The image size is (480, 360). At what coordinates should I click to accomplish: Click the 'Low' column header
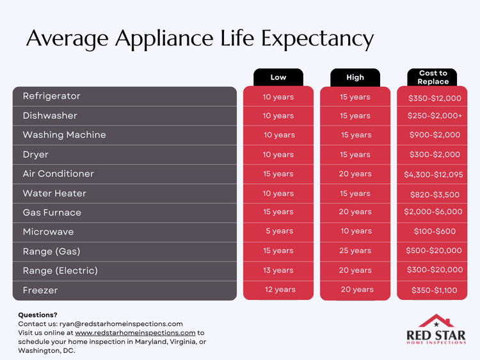pyautogui.click(x=278, y=77)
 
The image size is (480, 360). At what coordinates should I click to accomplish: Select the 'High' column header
pyautogui.click(x=355, y=77)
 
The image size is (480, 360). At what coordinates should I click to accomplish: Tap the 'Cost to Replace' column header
pyautogui.click(x=433, y=77)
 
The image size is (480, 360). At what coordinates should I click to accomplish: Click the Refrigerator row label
pyautogui.click(x=51, y=97)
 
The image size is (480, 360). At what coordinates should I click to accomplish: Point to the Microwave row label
pyautogui.click(x=48, y=231)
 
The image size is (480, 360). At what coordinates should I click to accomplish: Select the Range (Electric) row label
pyautogui.click(x=60, y=270)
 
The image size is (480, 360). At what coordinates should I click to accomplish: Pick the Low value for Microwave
pyautogui.click(x=278, y=231)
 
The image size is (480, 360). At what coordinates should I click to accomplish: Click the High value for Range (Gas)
pyautogui.click(x=355, y=251)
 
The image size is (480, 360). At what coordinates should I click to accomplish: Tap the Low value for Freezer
pyautogui.click(x=280, y=290)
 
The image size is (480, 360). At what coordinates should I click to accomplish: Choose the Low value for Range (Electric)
pyautogui.click(x=278, y=270)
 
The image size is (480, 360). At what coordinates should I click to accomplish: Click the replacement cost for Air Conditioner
pyautogui.click(x=434, y=174)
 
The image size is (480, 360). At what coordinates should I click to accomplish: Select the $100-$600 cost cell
pyautogui.click(x=434, y=231)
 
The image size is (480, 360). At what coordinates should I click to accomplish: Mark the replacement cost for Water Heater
pyautogui.click(x=434, y=194)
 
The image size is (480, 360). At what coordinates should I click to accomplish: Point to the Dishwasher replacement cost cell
pyautogui.click(x=434, y=116)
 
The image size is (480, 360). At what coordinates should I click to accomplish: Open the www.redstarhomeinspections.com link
pyautogui.click(x=135, y=333)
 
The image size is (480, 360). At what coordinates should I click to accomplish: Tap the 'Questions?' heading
pyautogui.click(x=38, y=315)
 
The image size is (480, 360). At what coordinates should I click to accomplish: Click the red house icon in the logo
pyautogui.click(x=436, y=320)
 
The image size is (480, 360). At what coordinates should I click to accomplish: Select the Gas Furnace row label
pyautogui.click(x=52, y=212)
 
